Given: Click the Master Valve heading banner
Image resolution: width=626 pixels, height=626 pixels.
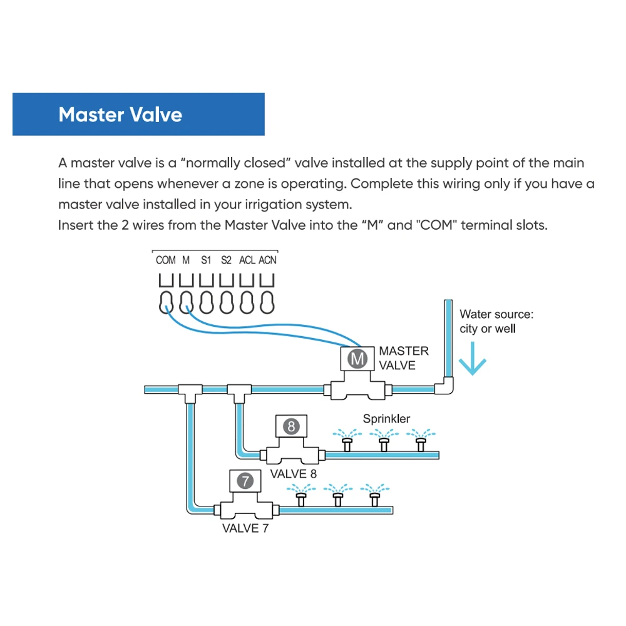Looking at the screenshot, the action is coord(138,114).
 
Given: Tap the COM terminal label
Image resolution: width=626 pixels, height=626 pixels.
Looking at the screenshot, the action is coord(166,260).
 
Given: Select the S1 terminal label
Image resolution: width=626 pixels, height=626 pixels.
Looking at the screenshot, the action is coord(206,260).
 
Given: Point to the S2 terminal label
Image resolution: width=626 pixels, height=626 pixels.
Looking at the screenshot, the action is coord(227,260).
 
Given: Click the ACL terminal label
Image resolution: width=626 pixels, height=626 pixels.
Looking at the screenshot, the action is coord(247,260).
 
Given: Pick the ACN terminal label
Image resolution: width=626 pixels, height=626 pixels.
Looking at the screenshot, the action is coord(267,260).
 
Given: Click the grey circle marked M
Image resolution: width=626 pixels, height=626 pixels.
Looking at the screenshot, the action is coord(357,359).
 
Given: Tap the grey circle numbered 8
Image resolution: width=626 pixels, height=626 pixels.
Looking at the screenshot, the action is coord(292,426).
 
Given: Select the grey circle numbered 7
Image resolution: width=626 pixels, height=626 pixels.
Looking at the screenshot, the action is coord(245,481).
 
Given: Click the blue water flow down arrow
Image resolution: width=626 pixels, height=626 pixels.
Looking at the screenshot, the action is coord(472,359).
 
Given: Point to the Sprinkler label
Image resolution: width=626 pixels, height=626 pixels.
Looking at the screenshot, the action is coord(386,419).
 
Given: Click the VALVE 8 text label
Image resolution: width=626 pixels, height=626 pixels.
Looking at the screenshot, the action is coord(294,474).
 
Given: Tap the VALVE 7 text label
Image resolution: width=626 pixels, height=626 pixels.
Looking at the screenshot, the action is coord(245,528).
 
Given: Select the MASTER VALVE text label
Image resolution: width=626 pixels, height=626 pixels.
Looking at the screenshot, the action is coord(404,358).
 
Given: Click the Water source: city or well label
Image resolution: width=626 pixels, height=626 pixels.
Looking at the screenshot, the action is coord(496,321).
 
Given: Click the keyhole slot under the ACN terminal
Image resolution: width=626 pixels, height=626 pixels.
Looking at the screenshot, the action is coord(267,302).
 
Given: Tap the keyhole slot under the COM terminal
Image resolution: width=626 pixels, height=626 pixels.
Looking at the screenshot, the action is coord(166,302).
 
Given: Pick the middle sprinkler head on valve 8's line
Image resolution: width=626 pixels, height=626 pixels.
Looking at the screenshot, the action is coord(384,440).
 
